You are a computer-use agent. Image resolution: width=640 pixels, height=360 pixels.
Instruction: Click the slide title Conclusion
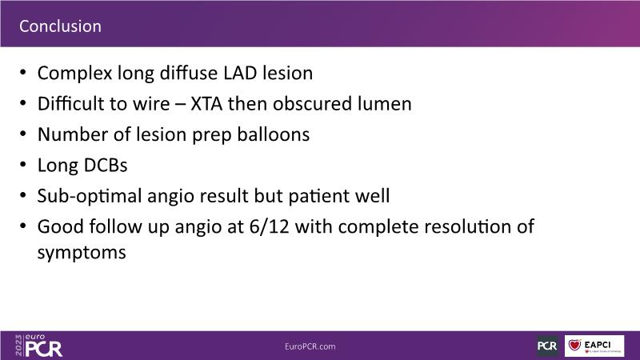pyautogui.click(x=61, y=26)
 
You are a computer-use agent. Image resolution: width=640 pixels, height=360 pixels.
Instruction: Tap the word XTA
pyautogui.click(x=206, y=104)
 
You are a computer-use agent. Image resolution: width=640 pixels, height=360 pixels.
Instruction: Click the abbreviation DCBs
pyautogui.click(x=106, y=166)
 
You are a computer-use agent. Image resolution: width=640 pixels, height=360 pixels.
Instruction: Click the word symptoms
pyautogui.click(x=82, y=253)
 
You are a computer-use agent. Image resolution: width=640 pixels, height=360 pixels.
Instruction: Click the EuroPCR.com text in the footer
pyautogui.click(x=310, y=346)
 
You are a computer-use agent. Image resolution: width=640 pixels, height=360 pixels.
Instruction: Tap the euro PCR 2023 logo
pyautogui.click(x=38, y=346)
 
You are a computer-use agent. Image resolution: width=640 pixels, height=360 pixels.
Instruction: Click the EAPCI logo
pyautogui.click(x=594, y=346)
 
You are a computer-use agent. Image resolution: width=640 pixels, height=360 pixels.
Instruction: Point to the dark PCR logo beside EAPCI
pyautogui.click(x=547, y=346)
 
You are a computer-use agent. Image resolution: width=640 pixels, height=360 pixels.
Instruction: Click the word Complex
pyautogui.click(x=74, y=74)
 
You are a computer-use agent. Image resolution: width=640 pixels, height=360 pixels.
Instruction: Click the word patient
pyautogui.click(x=315, y=196)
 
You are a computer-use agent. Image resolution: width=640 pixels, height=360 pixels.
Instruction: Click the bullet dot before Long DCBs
pyautogui.click(x=23, y=165)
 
